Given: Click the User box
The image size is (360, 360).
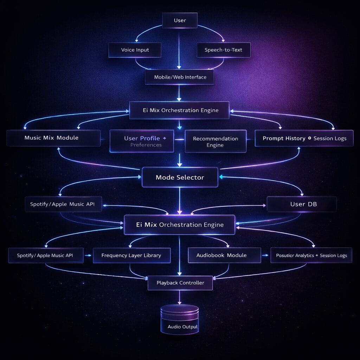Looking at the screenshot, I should coord(180,21).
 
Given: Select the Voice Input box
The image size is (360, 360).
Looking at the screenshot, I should coord(135,50).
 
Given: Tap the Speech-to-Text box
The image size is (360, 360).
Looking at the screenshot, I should coord(223,50).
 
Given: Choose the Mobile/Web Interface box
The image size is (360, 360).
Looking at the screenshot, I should coord(180,77).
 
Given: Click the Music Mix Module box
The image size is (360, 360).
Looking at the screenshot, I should coord(53,138).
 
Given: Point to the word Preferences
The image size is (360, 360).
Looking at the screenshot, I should coord(146,145).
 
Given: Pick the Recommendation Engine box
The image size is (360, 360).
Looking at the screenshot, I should coord(216,141).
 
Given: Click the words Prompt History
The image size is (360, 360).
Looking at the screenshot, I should coord(284,139).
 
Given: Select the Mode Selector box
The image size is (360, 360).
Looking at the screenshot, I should coord(180,178).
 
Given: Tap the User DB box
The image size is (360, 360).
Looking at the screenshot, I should coord(302,204).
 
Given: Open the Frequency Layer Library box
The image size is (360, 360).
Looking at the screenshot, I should coord(131,255).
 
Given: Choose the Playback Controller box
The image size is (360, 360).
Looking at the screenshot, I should coord(180,283).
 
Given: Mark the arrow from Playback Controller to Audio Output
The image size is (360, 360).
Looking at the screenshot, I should coord(180,297).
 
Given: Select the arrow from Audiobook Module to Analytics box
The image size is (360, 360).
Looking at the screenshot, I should coord(266,256).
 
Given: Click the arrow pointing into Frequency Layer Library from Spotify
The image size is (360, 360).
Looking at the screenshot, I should coord(88,256).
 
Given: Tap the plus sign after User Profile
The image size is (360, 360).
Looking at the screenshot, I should coord(165,138).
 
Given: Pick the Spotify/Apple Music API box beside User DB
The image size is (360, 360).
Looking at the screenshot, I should coord(63,204).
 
